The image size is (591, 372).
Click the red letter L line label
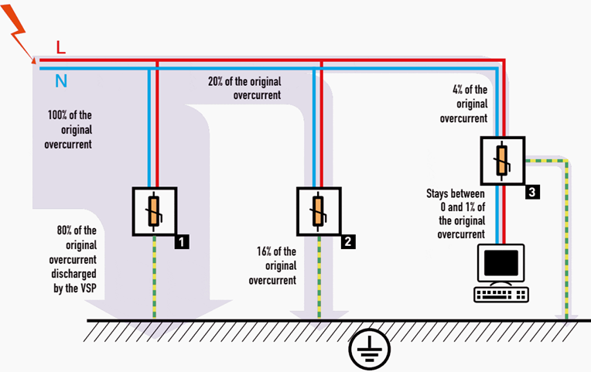61,48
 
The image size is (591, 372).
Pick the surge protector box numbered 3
502,161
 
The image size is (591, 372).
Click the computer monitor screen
501,264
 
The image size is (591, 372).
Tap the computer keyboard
501,294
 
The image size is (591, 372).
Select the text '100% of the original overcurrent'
70,130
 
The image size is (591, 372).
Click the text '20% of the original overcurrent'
244,88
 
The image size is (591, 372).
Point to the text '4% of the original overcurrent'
464,104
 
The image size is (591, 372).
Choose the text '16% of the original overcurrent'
272,266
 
